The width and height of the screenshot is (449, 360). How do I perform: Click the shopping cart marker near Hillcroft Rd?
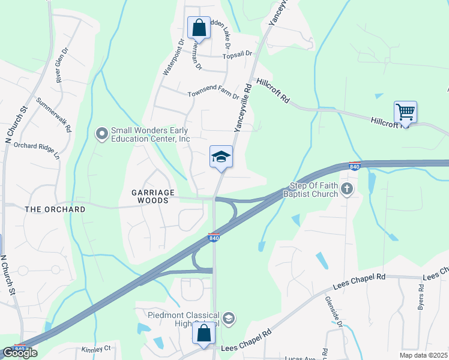coord(405,112)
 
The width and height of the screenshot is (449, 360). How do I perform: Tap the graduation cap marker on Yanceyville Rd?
coord(221,157)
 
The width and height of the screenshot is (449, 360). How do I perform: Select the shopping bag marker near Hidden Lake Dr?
coord(199,28)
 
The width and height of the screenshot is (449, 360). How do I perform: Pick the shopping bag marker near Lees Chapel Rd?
coord(203,333)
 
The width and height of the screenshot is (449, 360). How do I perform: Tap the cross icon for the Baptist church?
coord(346,190)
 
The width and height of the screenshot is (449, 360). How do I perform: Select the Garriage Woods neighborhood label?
coord(153,196)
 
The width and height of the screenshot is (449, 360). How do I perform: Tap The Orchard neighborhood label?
coord(55,209)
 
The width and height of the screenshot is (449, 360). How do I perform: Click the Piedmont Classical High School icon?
coord(228,317)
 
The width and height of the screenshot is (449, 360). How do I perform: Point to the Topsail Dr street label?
coord(237,55)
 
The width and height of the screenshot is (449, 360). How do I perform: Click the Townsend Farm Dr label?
coord(213,94)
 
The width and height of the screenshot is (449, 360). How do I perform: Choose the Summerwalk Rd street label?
coord(54,115)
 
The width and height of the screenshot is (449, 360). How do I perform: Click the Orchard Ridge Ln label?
coord(37,149)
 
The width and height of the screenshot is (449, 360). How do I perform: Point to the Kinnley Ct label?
coord(97,348)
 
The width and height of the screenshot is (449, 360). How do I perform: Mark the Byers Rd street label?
coord(421,296)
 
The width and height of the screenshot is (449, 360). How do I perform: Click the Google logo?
coord(19,353)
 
